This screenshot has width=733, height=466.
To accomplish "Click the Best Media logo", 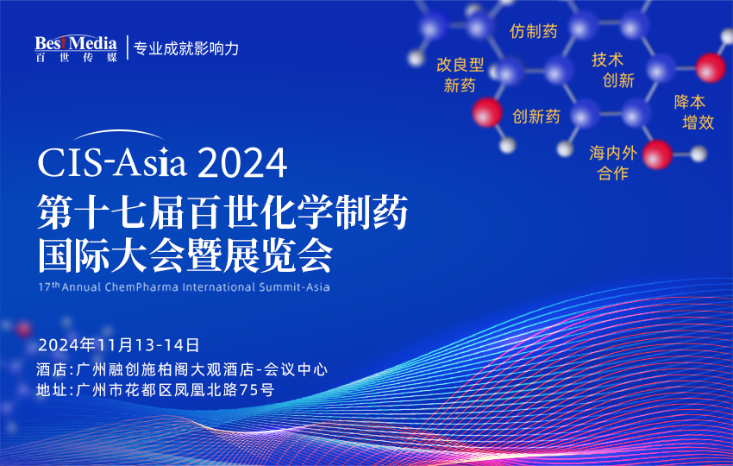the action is pos(76,48).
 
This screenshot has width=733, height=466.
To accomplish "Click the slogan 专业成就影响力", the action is pos(186,48).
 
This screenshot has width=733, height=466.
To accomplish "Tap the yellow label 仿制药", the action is pos(534,31).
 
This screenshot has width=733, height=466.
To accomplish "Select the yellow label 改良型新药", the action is pos(460,75).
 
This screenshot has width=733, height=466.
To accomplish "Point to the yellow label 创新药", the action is pos(536,116).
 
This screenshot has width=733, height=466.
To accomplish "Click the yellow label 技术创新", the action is pos(613,70).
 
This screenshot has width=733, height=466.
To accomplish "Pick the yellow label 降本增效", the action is pos(694,112).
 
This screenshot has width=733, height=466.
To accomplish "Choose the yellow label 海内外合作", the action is pos(613,163).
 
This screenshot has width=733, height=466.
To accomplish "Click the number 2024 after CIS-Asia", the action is pos(242,163).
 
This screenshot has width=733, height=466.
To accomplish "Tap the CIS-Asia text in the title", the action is pos(112,162).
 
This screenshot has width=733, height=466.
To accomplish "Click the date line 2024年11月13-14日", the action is pos(119,345).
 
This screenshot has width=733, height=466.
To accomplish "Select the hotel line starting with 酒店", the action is pos(182,369).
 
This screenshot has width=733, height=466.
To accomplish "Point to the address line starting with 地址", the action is pos(155,390).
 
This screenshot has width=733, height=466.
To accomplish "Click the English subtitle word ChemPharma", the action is pos(141,287).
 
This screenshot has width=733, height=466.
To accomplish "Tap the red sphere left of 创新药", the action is pos(487,112).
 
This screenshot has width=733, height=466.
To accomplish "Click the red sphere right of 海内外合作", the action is pos(657,154).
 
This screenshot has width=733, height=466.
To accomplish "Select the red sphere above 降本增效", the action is pos(711,68).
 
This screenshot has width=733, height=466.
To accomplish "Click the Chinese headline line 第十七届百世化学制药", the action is pos(222,212).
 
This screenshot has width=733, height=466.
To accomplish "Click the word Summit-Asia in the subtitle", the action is pos(294,287).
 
